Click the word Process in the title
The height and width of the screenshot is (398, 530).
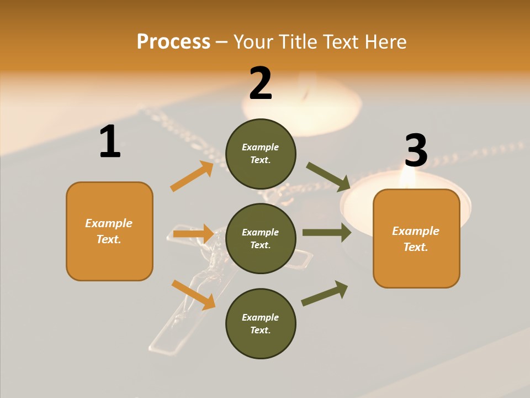click(x=173, y=41)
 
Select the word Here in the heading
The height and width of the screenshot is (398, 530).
click(x=385, y=41)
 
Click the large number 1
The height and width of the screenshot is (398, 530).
click(x=109, y=142)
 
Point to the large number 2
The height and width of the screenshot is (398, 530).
click(x=261, y=83)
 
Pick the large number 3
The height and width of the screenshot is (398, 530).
click(x=416, y=150)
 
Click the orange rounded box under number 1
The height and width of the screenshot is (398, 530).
click(x=109, y=231)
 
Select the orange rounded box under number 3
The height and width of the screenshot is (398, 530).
click(x=416, y=239)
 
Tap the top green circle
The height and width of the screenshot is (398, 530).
click(x=261, y=154)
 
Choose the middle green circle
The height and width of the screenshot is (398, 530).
click(x=261, y=239)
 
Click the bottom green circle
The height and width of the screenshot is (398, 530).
click(x=261, y=324)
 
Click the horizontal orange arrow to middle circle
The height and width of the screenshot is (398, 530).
click(x=193, y=234)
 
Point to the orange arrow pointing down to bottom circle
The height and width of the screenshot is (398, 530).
click(x=193, y=295)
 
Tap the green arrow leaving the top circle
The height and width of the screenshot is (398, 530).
click(x=328, y=176)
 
